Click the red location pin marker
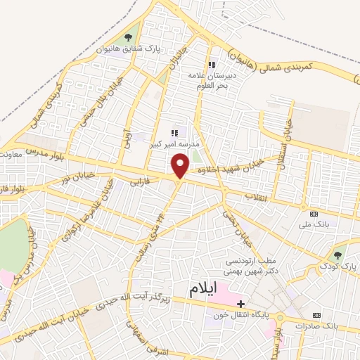click(x=181, y=166)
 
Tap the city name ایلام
click(x=213, y=289)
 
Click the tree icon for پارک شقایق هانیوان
click(x=128, y=38)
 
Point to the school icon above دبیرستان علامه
click(x=212, y=65)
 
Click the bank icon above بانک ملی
click(x=314, y=214)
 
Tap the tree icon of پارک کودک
click(x=339, y=255)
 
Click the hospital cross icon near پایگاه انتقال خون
click(x=241, y=304)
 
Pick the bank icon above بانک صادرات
click(x=316, y=315)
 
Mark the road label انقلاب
click(x=256, y=197)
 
